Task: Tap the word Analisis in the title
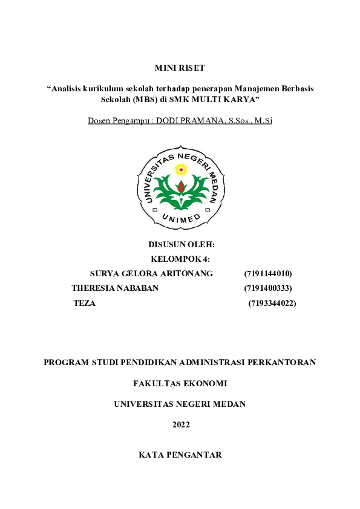point(69,88)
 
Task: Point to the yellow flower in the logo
point(180,170)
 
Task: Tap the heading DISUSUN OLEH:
point(182,245)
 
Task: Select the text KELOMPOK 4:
point(180,259)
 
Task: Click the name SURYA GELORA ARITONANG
point(151,273)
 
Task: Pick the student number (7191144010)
point(268,273)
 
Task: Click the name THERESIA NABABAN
point(115,288)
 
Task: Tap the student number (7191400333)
point(268,288)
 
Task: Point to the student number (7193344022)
point(272,303)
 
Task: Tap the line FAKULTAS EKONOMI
point(180,383)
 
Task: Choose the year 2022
point(180,424)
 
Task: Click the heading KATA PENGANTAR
point(180,455)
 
